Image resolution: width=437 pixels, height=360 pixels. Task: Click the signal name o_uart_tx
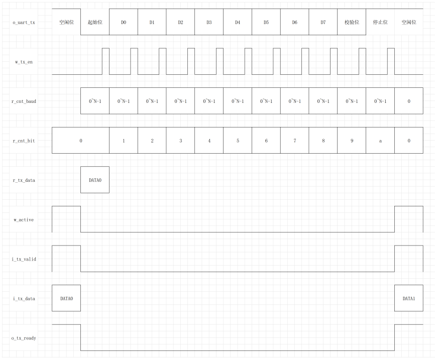coord(24,22)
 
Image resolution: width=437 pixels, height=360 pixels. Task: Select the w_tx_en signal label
coord(24,62)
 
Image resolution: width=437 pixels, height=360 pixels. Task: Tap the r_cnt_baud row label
coord(24,101)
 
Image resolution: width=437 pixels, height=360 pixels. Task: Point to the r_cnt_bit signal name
coord(24,141)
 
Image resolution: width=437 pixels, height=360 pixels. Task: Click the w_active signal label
coord(24,220)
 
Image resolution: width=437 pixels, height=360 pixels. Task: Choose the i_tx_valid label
coord(24,259)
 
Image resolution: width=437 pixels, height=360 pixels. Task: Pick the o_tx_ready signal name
coord(24,338)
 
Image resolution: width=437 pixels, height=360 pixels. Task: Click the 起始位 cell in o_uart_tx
coord(95,22)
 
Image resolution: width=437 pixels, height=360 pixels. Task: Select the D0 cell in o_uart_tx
coord(124,22)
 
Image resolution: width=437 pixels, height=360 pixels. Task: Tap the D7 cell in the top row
coord(323,22)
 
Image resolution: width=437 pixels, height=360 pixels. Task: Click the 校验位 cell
coord(352,22)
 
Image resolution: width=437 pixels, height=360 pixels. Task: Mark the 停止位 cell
coord(380,22)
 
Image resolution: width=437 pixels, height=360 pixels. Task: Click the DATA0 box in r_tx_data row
coord(95,180)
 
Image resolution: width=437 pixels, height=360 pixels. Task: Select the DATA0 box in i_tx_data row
coord(66,298)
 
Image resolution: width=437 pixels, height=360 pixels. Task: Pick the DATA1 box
coord(409,298)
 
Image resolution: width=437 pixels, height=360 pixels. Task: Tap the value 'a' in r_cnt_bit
coord(380,141)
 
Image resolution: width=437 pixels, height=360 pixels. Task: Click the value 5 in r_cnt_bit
coord(238,141)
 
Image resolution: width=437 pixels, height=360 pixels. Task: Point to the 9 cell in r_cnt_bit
coord(352,141)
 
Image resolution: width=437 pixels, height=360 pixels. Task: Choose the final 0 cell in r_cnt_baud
coord(409,101)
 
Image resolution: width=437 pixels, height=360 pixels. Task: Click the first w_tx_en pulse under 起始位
coord(105,61)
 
